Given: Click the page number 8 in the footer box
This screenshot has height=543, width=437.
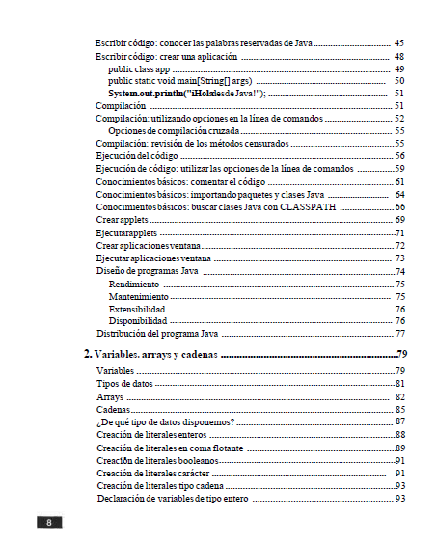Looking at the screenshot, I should coord(49,523).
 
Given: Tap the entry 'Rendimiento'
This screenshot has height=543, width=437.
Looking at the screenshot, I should coord(134,285).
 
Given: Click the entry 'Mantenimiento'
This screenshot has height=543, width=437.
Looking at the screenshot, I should coord(139,297).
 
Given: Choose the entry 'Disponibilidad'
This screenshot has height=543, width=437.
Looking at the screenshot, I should coord(139,321).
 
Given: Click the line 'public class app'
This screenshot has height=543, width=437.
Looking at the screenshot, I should coord(139,69).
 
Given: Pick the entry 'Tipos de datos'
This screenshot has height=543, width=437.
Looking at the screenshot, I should coord(125,384).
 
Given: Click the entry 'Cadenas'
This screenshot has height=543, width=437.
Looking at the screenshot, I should coord(114,409).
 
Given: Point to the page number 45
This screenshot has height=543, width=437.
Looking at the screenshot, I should coord(399,44).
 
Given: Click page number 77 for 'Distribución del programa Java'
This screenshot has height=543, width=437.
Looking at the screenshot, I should coord(399,334).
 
